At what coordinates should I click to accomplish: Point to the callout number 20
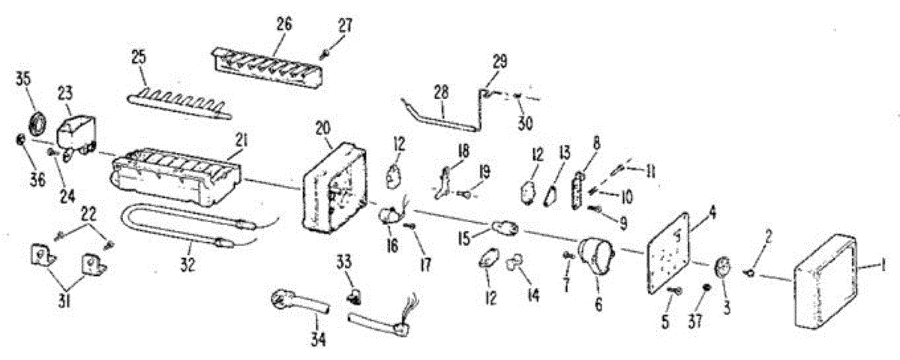pos(322,128)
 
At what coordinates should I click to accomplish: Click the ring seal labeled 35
pos(37,122)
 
